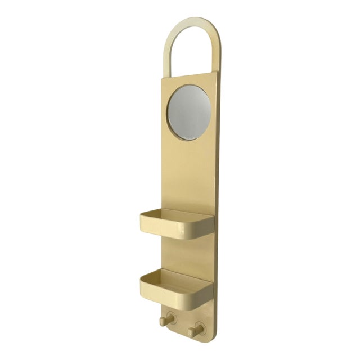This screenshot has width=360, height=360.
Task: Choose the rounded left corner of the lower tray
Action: click(142, 283)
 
